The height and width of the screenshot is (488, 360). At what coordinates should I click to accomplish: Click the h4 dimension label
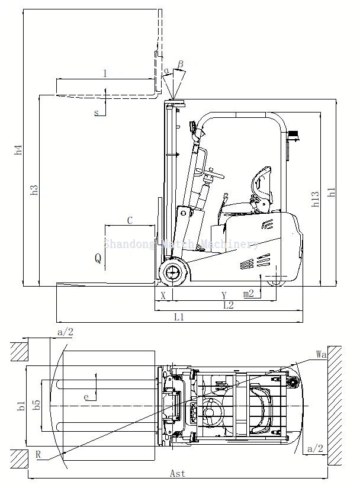(18, 150)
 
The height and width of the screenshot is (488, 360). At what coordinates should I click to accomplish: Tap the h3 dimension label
(34, 190)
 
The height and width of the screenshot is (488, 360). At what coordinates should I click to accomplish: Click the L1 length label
(179, 317)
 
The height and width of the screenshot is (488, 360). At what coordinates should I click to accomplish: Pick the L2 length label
(228, 305)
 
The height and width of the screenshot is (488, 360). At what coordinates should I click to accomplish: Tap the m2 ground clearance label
(249, 293)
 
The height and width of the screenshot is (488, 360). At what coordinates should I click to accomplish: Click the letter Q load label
(98, 258)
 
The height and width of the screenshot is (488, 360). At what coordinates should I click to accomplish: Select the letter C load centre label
(130, 221)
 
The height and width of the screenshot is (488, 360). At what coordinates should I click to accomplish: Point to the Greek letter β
(181, 63)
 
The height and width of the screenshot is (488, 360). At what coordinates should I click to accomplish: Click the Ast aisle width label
(178, 473)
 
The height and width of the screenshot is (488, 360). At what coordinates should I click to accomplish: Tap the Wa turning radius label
(322, 354)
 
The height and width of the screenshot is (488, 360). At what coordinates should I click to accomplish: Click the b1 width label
(21, 406)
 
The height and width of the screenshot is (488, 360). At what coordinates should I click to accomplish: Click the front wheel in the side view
(173, 272)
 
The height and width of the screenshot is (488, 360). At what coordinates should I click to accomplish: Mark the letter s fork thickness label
(97, 113)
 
